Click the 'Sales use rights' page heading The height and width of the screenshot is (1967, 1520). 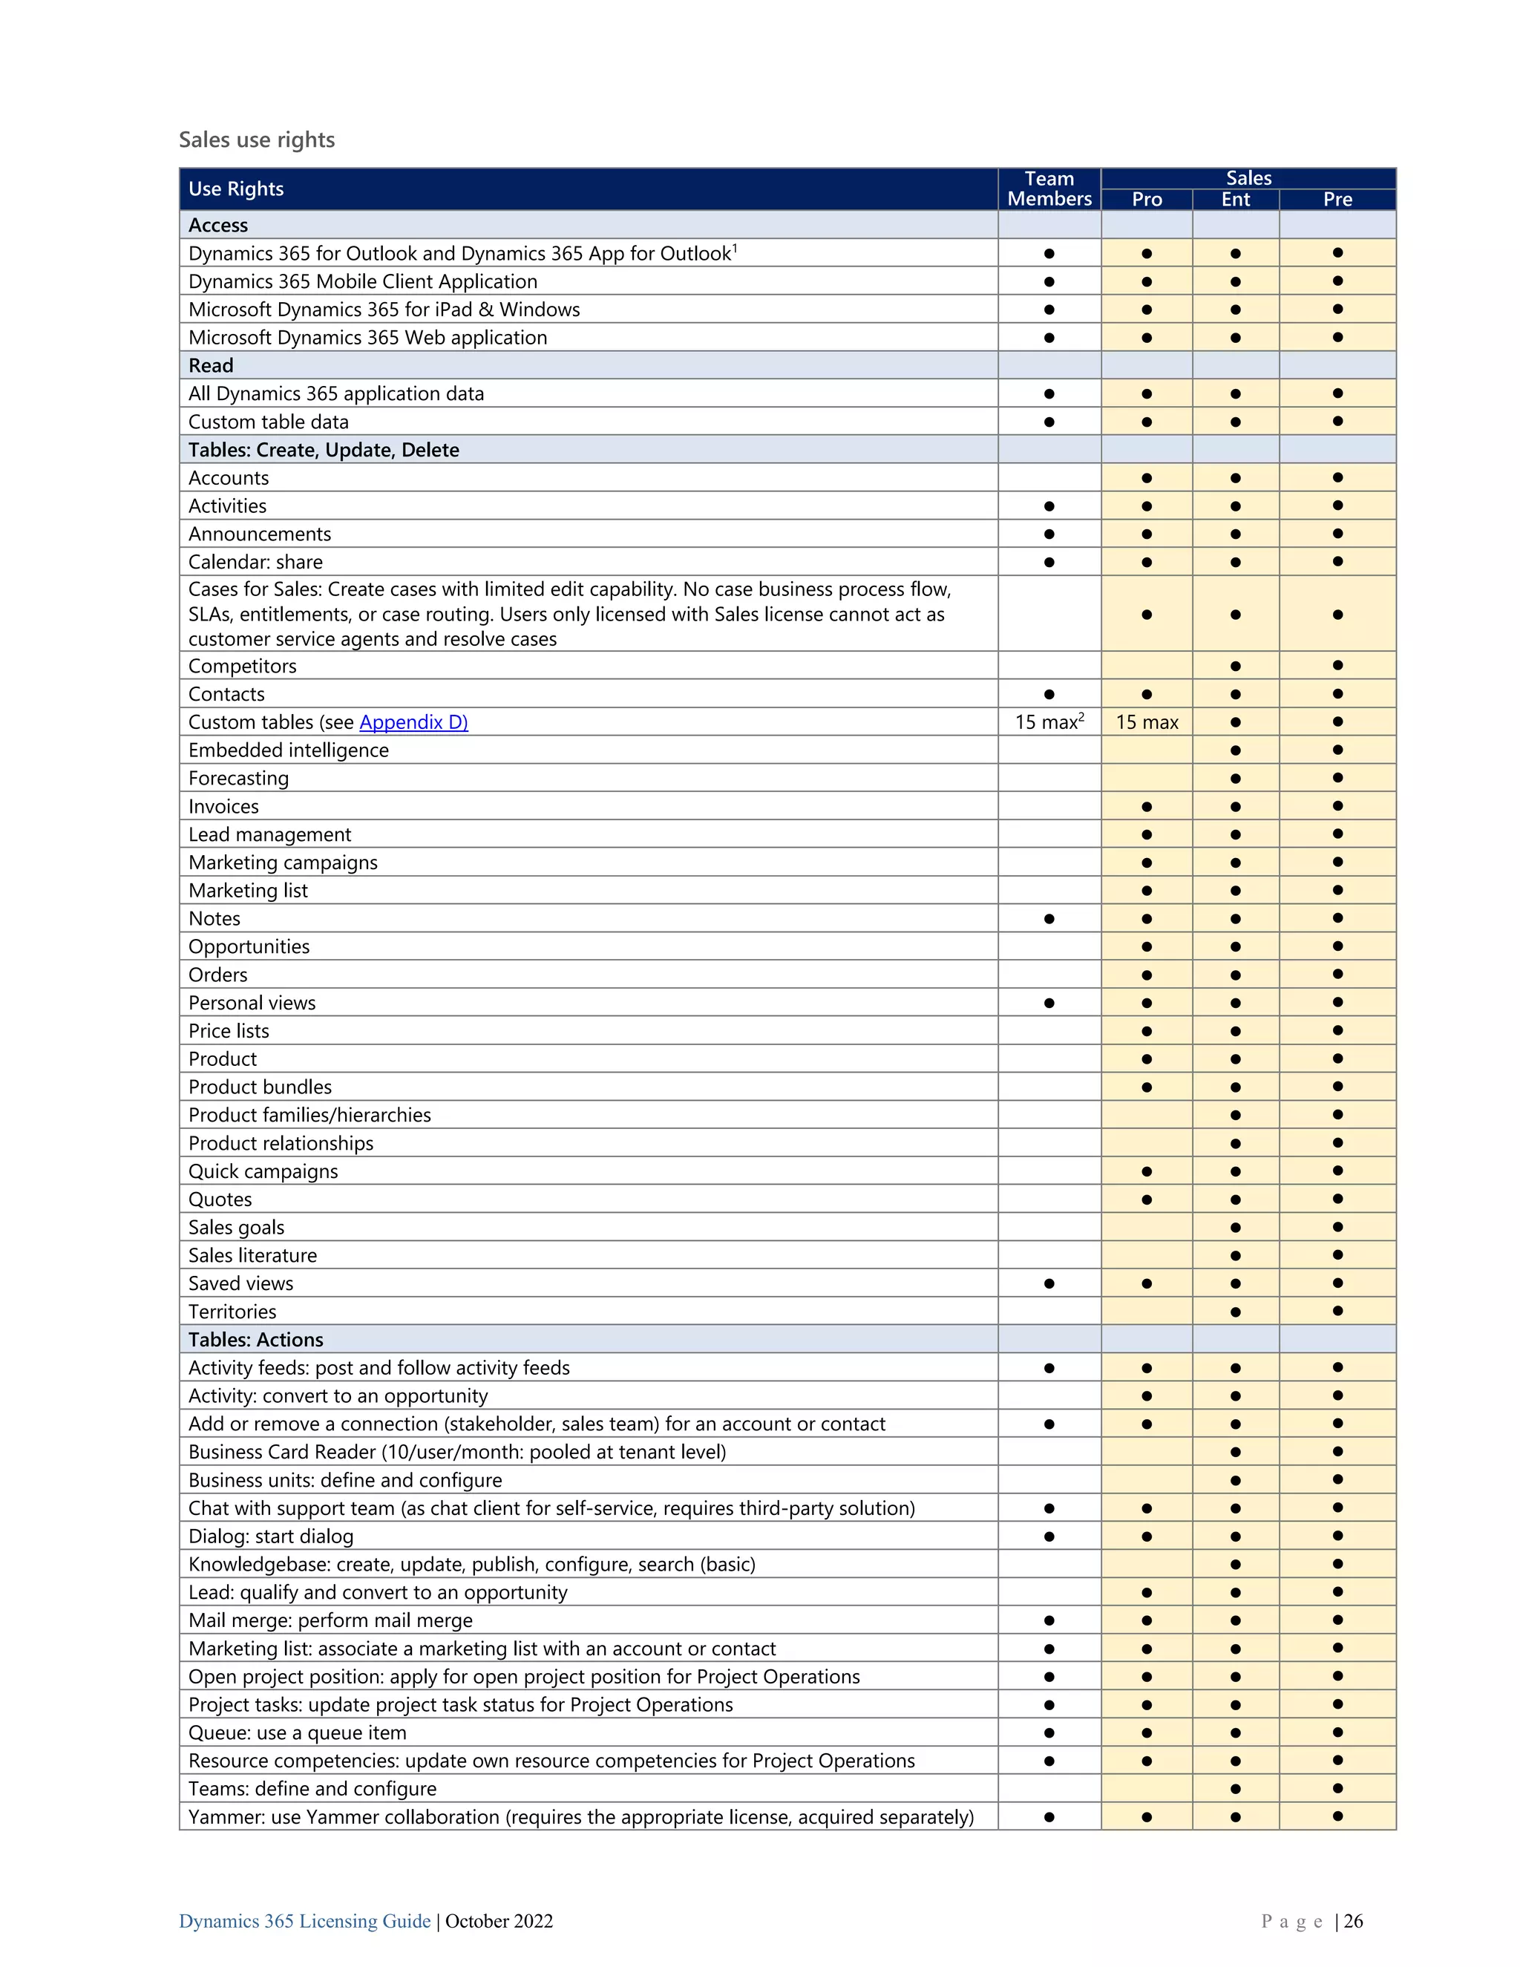click(257, 140)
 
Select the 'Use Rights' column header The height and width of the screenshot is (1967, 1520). click(236, 189)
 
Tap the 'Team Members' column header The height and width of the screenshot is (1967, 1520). click(1049, 189)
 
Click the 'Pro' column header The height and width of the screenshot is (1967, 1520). click(1146, 199)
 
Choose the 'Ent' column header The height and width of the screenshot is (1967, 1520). click(1236, 199)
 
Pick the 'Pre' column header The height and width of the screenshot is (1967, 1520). click(1337, 199)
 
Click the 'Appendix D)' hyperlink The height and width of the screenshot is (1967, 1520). click(413, 722)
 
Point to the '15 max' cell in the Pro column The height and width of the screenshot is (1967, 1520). click(1146, 722)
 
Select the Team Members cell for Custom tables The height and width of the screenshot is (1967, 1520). click(1049, 722)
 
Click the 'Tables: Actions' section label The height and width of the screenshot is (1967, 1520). click(256, 1339)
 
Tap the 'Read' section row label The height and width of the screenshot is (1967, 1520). click(211, 366)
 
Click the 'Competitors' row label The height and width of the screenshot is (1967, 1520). click(242, 667)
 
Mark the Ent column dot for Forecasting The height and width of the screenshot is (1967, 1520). click(1236, 778)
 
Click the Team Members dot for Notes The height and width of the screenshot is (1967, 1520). click(1049, 919)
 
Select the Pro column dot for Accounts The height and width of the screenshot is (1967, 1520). click(1146, 478)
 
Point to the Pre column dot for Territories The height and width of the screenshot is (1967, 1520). click(1337, 1312)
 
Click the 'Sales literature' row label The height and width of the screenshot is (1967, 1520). click(253, 1255)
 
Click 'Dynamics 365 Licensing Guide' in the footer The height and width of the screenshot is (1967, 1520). click(304, 1921)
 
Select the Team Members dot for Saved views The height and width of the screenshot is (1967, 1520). click(1049, 1283)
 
